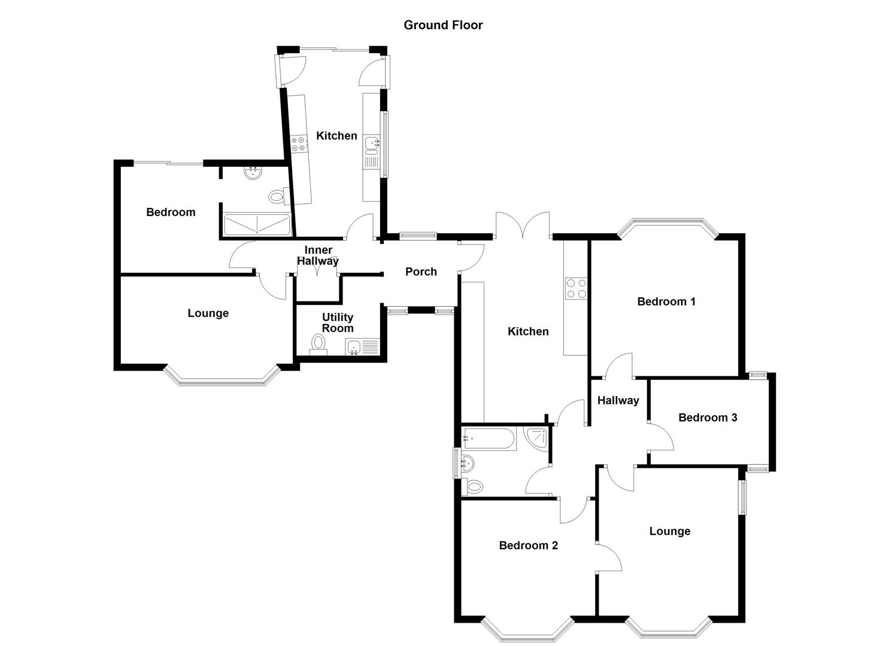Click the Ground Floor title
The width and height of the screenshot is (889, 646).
[443, 25]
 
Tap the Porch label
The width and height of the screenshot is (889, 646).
[421, 272]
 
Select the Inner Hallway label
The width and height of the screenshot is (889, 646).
[318, 255]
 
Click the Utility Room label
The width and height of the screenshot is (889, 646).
[338, 323]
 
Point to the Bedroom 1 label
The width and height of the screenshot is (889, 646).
[666, 301]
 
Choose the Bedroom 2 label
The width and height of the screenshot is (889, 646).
[529, 545]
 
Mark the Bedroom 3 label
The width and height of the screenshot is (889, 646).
[708, 418]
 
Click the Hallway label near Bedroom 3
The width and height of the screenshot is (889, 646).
[618, 401]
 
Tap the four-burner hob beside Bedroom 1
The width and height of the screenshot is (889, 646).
[576, 288]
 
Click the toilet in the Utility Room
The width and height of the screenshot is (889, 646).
[318, 344]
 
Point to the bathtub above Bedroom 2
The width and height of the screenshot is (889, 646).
[489, 438]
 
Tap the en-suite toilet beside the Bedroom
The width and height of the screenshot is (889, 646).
[277, 196]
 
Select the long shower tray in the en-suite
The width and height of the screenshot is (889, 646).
[256, 225]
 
